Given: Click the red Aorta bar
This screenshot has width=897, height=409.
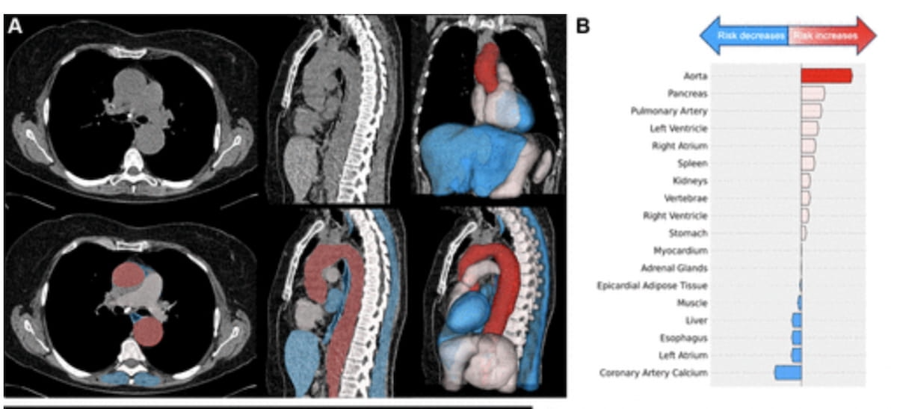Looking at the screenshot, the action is point(826,76).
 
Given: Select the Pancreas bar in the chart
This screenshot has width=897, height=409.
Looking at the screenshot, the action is point(813,93).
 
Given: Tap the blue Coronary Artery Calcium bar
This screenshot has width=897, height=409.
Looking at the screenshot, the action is point(788,372).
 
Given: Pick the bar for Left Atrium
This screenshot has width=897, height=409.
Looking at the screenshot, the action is point(796,354).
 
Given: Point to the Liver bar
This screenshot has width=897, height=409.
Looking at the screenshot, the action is point(797,320).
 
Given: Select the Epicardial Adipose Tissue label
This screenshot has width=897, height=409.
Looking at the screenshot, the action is point(653,286).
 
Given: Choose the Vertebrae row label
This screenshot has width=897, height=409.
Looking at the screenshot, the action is point(685,198).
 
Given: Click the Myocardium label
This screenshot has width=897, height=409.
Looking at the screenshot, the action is point(680,250).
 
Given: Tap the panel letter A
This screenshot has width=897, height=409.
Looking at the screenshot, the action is point(14,26).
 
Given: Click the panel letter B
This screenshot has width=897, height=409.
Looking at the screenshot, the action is point(583,26).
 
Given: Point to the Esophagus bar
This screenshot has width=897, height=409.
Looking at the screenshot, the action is point(796,337).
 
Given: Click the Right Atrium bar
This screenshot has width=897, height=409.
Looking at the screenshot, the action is point(808,145).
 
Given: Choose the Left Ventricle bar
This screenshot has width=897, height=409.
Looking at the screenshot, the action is point(810,128).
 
